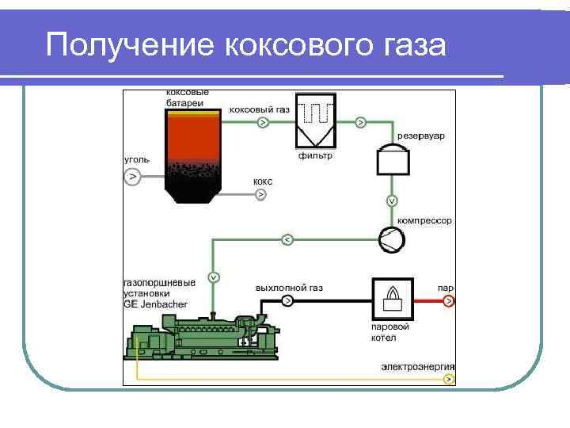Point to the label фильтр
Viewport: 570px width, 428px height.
[315, 156]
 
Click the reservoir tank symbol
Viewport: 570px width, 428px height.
[393, 159]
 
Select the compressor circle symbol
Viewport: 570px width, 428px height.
[392, 239]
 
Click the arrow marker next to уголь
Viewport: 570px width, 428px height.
[132, 176]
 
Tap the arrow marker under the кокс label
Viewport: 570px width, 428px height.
[262, 194]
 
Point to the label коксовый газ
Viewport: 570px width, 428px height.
[260, 109]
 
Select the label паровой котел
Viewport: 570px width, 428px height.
[389, 332]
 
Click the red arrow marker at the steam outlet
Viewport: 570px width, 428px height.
[448, 301]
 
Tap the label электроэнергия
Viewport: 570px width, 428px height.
[418, 367]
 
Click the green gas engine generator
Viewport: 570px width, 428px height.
[202, 337]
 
